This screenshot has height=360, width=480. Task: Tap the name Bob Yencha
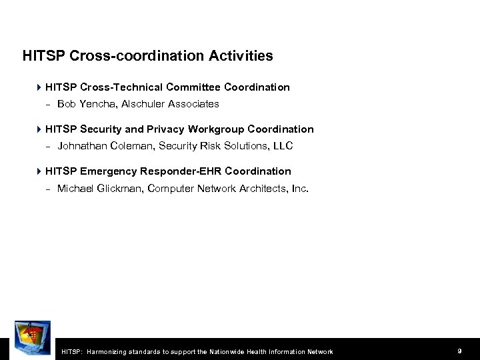[83, 104]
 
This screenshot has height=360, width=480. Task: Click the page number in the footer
[460, 351]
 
